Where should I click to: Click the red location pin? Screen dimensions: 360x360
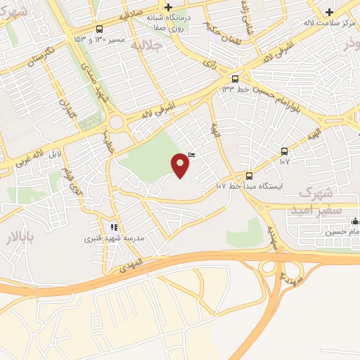(x=181, y=165)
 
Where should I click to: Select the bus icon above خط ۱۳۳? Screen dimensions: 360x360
(x=235, y=79)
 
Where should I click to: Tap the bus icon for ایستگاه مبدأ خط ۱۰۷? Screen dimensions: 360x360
(x=250, y=175)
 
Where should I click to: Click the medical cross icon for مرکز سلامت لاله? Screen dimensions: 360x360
(x=330, y=12)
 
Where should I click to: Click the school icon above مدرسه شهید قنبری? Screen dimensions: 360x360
(x=112, y=227)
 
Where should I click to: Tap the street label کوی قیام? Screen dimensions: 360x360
(x=72, y=180)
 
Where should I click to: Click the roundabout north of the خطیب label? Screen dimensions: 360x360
(x=116, y=124)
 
